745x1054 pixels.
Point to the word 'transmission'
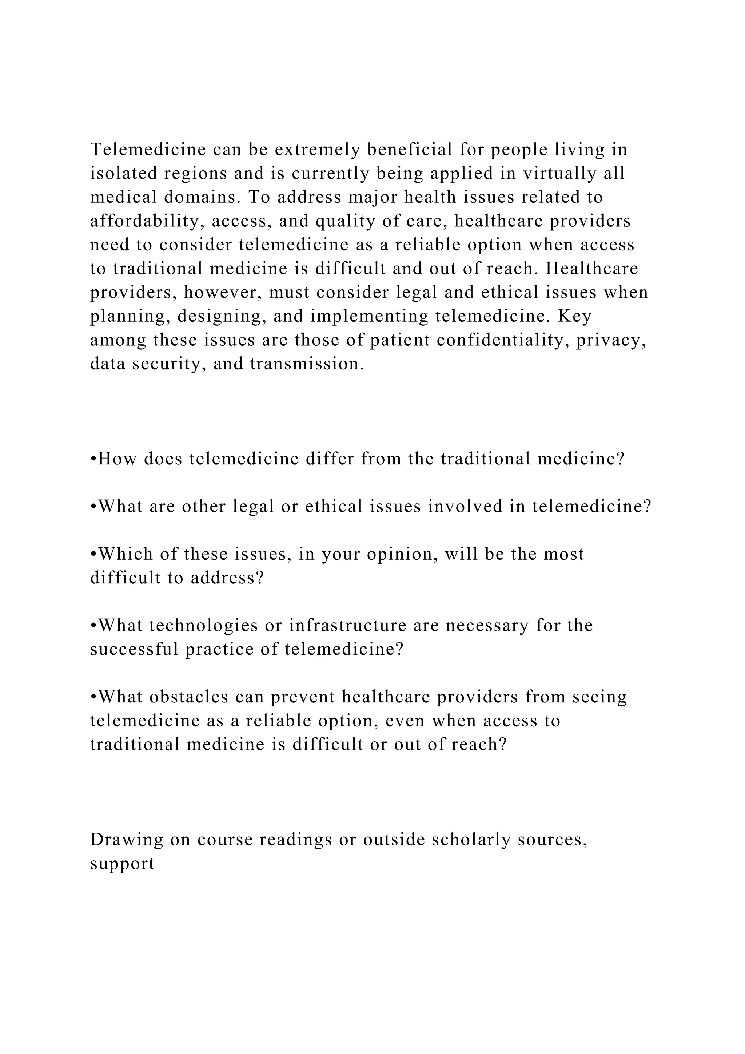307,364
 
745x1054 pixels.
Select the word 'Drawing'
127,840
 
